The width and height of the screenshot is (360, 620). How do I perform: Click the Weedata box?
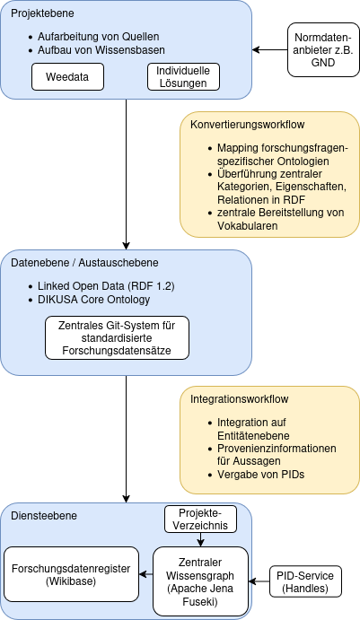coord(67,77)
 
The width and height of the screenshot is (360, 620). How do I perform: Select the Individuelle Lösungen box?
coord(183,77)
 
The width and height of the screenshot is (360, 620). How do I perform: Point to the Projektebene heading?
coord(43,13)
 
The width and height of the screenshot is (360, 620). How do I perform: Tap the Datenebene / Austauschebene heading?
coord(84,263)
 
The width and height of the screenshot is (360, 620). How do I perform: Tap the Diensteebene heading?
coord(44,516)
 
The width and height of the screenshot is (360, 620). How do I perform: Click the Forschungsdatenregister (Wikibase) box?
coord(72,574)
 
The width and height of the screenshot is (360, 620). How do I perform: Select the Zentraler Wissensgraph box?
coord(198,581)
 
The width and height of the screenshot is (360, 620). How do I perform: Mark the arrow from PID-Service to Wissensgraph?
coord(258,581)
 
